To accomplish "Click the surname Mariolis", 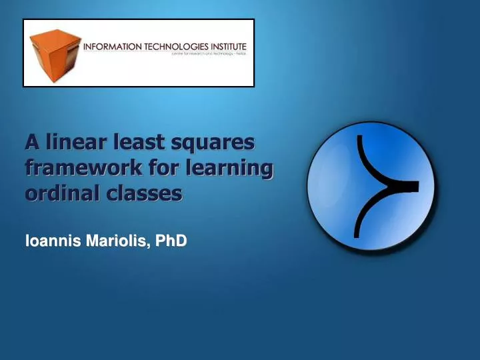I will pyautogui.click(x=117, y=241).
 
